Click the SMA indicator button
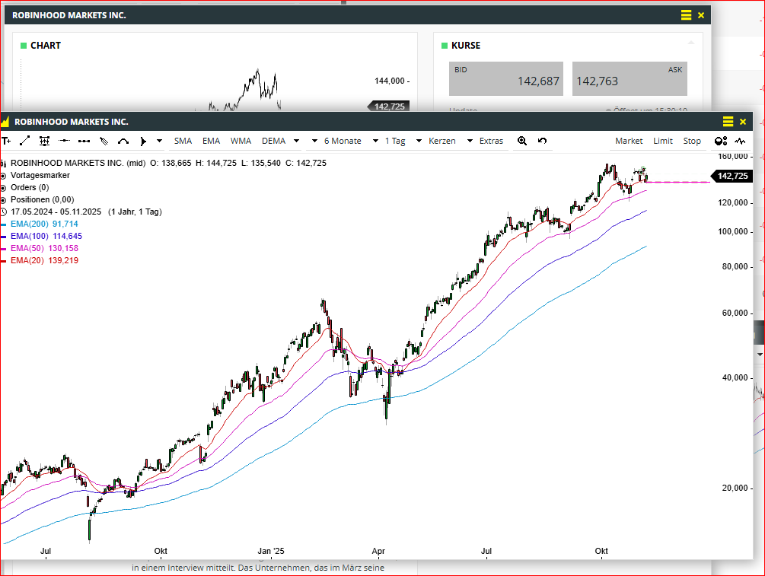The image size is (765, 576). (183, 141)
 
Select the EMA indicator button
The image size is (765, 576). (211, 141)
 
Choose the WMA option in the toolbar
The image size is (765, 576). (241, 141)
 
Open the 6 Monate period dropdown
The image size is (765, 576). (350, 141)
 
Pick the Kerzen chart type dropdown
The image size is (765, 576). (450, 141)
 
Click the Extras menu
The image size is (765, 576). (491, 141)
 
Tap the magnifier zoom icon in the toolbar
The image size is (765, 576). (522, 141)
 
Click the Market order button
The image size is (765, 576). (629, 141)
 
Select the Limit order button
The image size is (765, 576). (663, 141)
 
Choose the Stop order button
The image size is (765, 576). (692, 141)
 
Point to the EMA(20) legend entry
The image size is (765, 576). (44, 260)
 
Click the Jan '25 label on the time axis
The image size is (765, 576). (270, 550)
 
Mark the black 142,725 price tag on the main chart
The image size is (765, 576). (733, 176)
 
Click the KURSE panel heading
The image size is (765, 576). (466, 46)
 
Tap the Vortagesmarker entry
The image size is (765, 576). (40, 175)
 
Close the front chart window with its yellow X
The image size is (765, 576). (743, 122)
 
